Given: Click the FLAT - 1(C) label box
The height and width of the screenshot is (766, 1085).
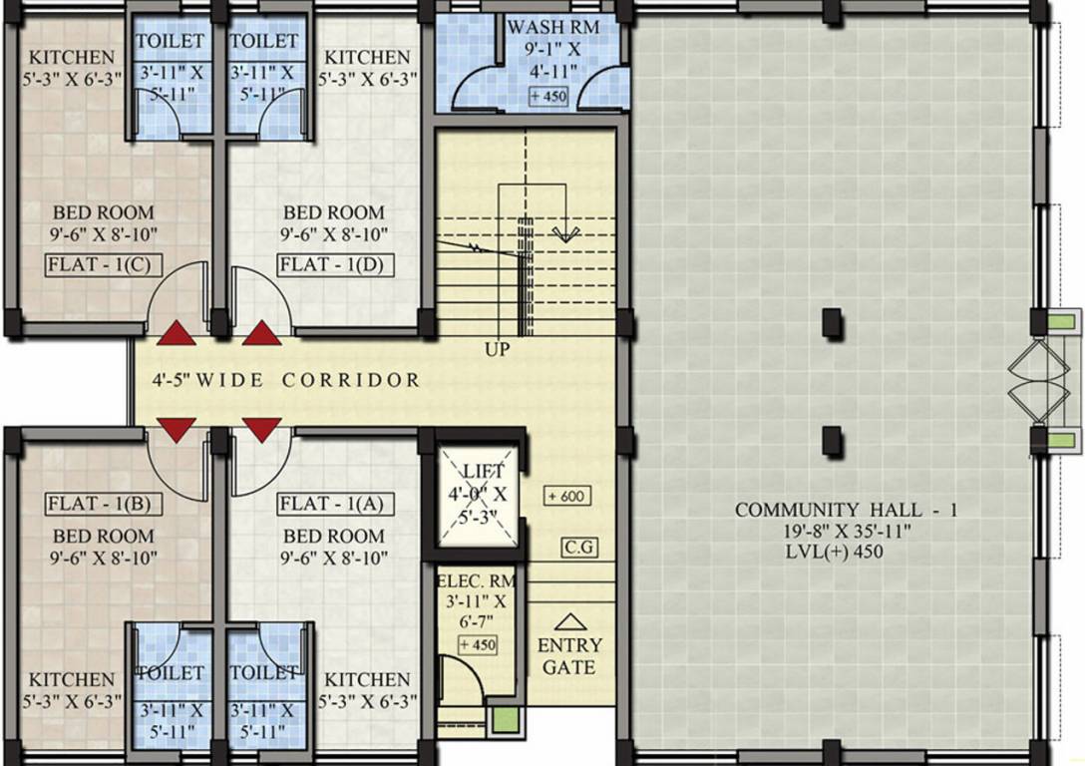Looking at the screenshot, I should coord(96,264).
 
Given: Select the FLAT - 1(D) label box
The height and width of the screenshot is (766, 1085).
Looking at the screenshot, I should coord(335,264).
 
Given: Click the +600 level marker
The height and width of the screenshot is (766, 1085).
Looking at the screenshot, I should coord(567,496).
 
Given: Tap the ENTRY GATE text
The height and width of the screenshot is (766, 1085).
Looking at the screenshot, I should coord(569,656).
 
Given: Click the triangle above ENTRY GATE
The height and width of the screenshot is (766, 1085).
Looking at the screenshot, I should coord(568,621).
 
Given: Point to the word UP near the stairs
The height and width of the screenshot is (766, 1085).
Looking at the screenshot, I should coord(498,350).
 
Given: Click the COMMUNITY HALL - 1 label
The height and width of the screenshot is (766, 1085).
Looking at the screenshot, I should coord(846,510).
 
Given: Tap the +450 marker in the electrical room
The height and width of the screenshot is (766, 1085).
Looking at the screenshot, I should coord(478,645).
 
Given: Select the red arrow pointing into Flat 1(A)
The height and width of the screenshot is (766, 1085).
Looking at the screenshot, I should coord(262,430).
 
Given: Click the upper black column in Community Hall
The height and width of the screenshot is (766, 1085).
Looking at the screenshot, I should coord(830,322).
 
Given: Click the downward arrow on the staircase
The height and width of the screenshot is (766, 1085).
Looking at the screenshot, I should coord(564,234).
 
